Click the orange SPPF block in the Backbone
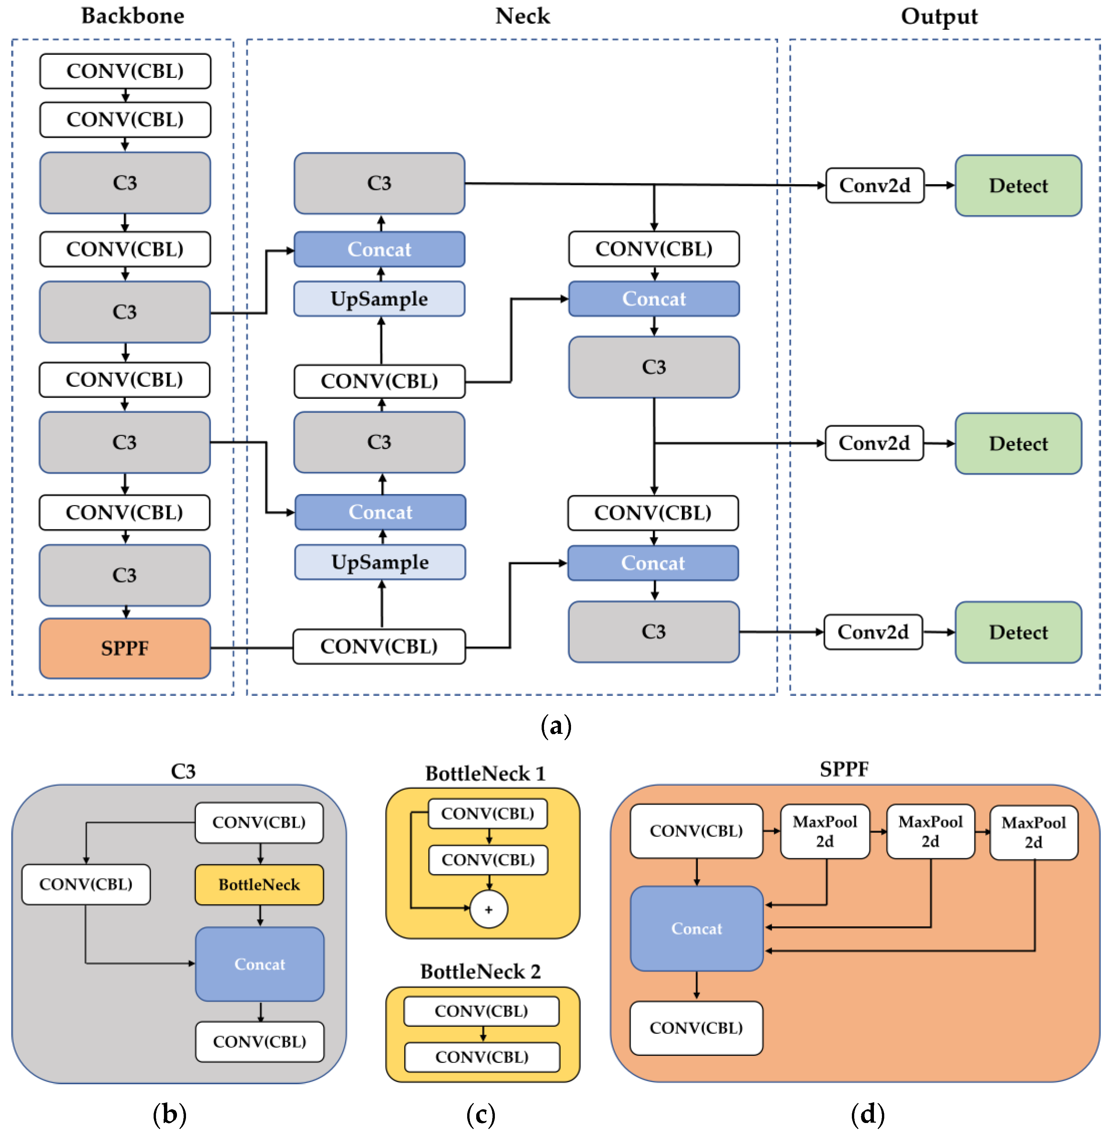pyautogui.click(x=125, y=648)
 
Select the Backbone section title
pyautogui.click(x=133, y=16)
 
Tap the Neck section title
pyautogui.click(x=523, y=16)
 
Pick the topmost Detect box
pyautogui.click(x=1018, y=185)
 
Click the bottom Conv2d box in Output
pyautogui.click(x=873, y=632)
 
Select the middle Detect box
pyautogui.click(x=1018, y=443)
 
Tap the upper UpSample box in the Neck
pyautogui.click(x=379, y=299)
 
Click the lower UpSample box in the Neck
pyautogui.click(x=380, y=562)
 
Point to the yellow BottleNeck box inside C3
pyautogui.click(x=259, y=884)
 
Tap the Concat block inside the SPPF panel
pyautogui.click(x=696, y=928)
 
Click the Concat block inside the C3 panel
pyautogui.click(x=259, y=964)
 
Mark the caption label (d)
pyautogui.click(x=868, y=1114)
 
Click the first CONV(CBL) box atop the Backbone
pyautogui.click(x=125, y=71)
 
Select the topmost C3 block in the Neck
pyautogui.click(x=379, y=183)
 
